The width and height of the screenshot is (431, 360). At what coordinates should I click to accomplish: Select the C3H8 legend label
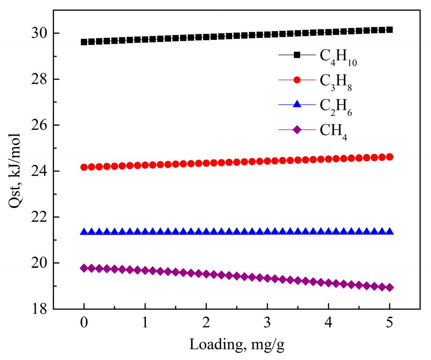(336, 82)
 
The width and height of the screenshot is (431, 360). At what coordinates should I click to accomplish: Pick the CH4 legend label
(333, 131)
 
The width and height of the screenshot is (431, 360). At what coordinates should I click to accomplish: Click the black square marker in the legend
(297, 55)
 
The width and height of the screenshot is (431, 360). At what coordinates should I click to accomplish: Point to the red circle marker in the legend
(297, 80)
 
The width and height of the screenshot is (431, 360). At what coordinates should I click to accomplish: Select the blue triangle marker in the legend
(297, 104)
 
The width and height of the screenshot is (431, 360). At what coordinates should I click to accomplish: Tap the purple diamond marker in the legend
(297, 129)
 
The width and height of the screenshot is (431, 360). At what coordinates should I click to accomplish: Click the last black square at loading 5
(389, 30)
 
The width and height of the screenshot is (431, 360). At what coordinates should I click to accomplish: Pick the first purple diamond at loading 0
(84, 268)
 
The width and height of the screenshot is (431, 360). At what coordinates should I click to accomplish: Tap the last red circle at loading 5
(389, 157)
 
